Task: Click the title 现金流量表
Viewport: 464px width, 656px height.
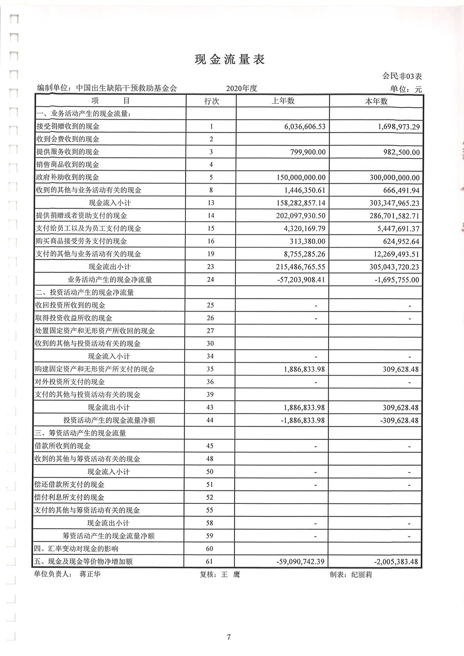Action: point(229,60)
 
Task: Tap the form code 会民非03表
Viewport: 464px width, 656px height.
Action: point(403,76)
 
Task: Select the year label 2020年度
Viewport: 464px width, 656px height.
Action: point(241,88)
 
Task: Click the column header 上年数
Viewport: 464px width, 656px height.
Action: point(283,101)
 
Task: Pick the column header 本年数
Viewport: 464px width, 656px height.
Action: point(376,101)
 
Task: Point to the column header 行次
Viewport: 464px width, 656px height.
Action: point(211,101)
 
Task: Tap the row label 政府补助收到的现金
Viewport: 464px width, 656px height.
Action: point(67,177)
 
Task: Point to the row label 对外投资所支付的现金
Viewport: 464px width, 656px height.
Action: point(70,382)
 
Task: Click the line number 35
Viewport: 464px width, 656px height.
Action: point(210,369)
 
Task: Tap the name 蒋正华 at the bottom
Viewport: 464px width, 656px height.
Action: point(90,574)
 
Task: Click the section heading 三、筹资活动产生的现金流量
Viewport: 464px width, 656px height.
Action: point(80,433)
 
